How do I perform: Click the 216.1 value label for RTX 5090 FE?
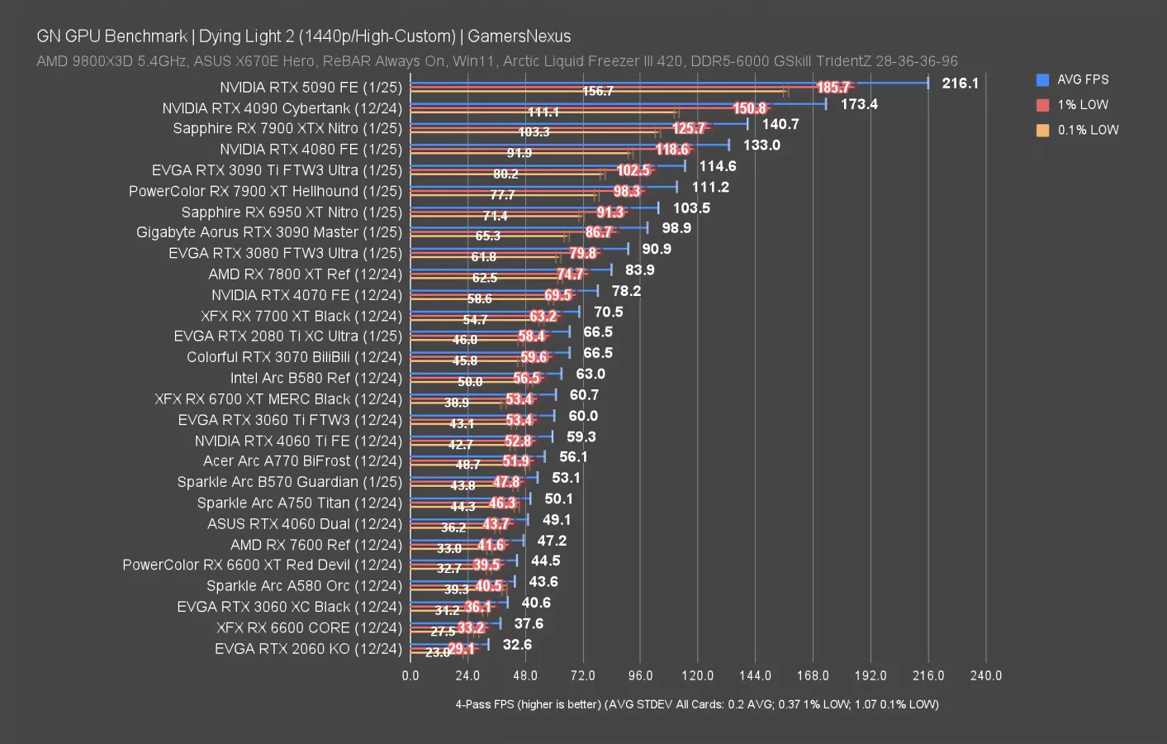(x=960, y=83)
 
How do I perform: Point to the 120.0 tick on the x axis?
(x=697, y=676)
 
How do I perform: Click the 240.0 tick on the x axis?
(x=985, y=676)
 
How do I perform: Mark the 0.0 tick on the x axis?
(x=410, y=676)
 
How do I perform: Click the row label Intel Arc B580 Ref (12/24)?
(x=315, y=378)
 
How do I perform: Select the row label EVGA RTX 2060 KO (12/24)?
(x=308, y=649)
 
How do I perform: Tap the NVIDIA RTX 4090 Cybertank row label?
(x=282, y=108)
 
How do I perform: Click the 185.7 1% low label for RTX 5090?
(x=833, y=88)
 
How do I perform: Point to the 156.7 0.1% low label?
(x=597, y=91)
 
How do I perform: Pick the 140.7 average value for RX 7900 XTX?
(x=780, y=124)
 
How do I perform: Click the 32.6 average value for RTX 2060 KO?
(x=517, y=645)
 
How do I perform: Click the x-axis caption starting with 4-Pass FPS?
(x=696, y=704)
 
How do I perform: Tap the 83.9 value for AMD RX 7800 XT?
(x=639, y=270)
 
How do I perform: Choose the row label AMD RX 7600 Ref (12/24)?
(x=315, y=545)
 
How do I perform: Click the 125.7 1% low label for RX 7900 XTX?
(x=689, y=129)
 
